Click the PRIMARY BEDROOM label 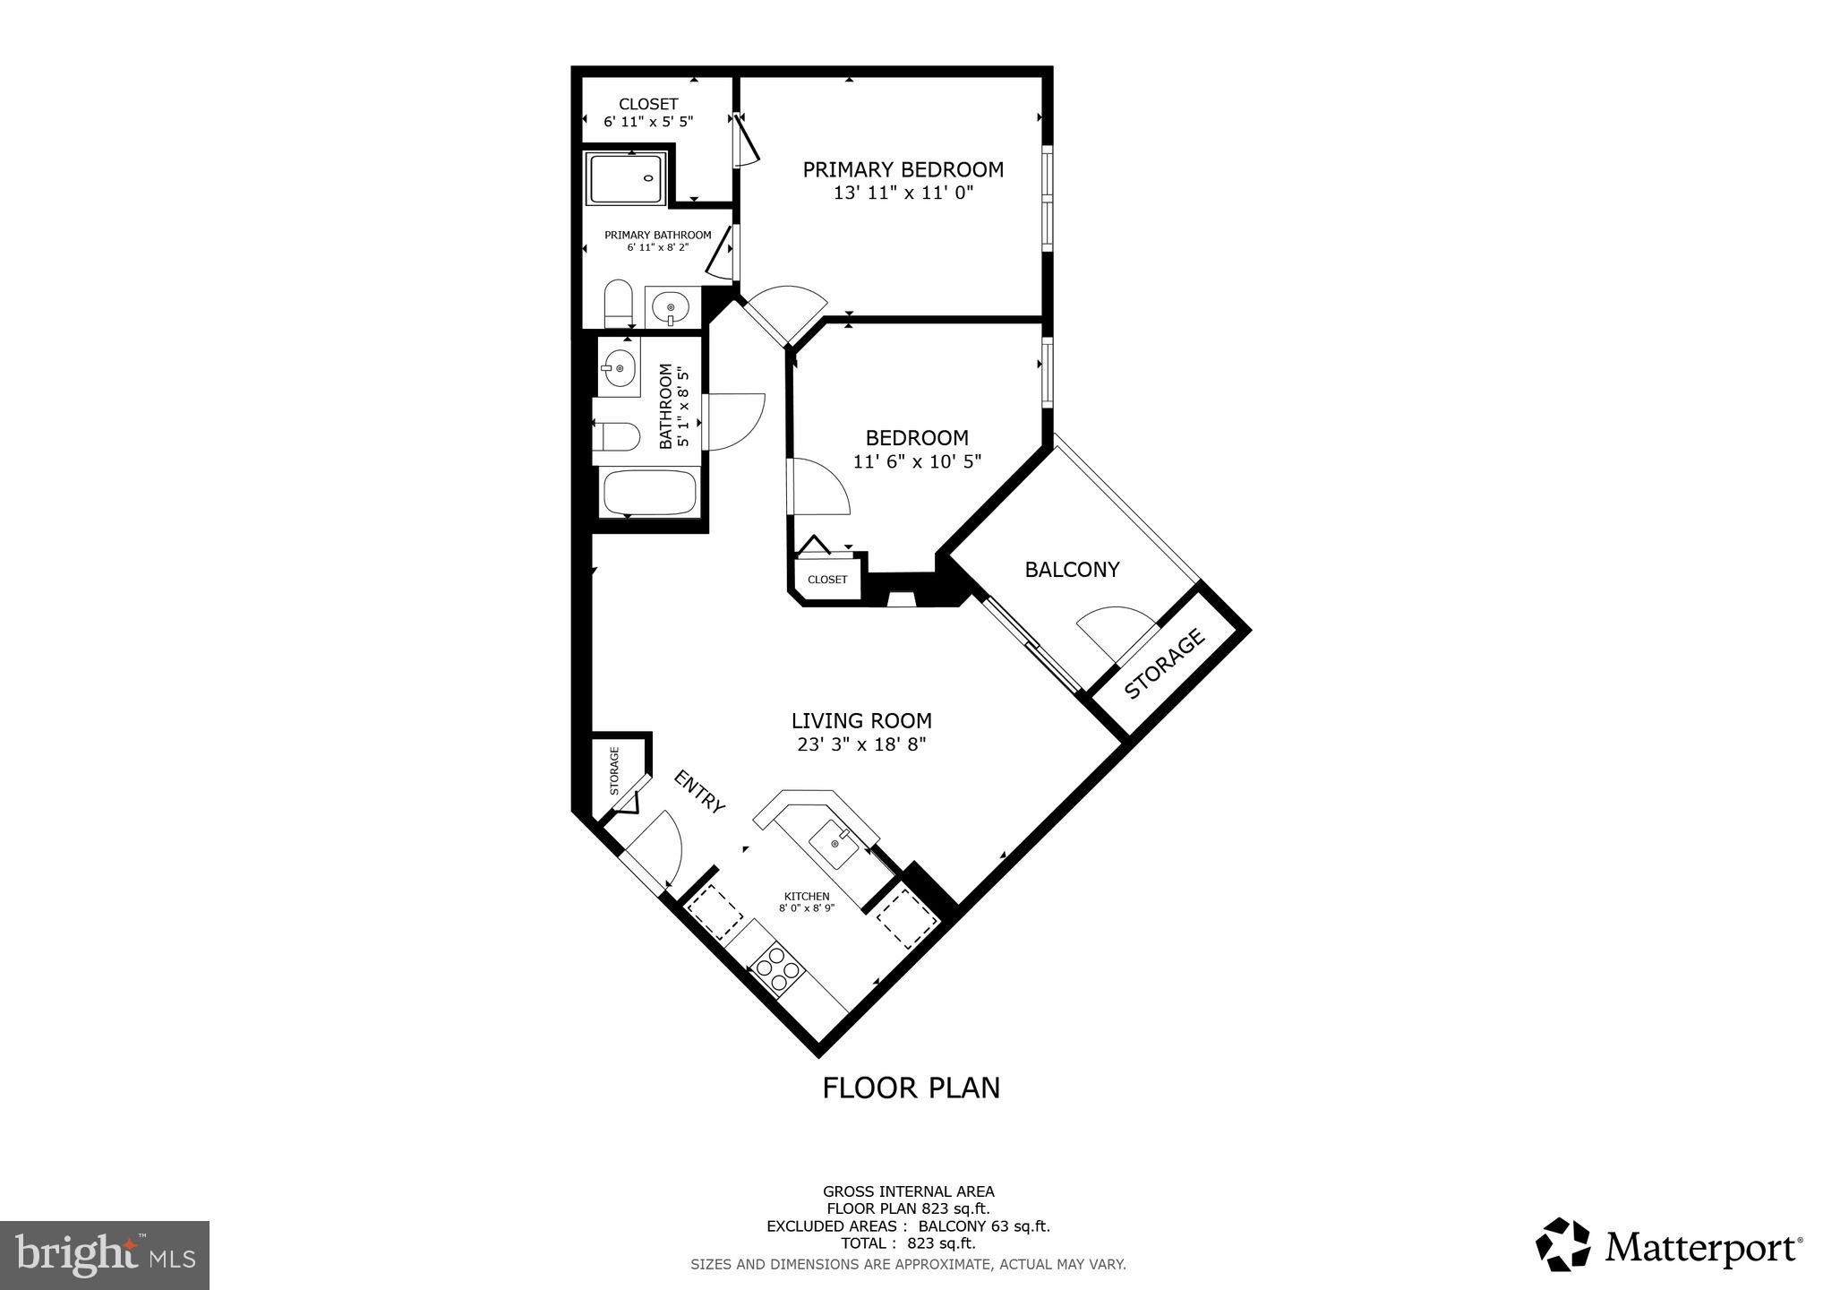point(903,169)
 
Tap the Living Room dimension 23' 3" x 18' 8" point(861,744)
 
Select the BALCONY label point(1072,570)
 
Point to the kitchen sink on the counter point(835,843)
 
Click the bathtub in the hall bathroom point(650,493)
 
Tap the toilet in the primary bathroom point(618,305)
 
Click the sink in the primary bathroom point(672,309)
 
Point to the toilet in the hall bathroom point(616,438)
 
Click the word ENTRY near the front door point(699,792)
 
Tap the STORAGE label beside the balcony point(1164,664)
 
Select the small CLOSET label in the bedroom point(827,580)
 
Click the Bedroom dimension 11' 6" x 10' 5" point(917,461)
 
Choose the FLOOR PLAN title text point(911,1088)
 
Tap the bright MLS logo point(105,1256)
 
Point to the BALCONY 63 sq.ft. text point(984,1226)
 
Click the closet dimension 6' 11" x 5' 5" point(648,121)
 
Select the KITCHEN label point(807,896)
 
